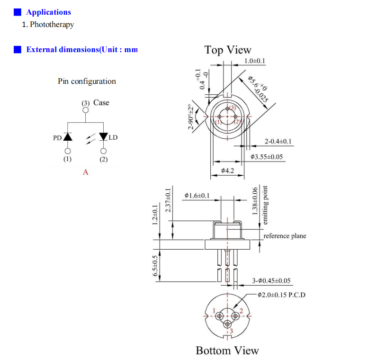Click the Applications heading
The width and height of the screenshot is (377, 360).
(x=48, y=12)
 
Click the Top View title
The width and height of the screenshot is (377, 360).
(x=228, y=50)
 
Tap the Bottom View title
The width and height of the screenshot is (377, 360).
(x=227, y=351)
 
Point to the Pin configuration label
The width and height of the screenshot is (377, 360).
(x=87, y=81)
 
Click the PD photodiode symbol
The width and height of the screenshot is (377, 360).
(x=68, y=137)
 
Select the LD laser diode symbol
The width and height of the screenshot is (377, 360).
(x=103, y=137)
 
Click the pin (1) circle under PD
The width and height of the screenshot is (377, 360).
(x=68, y=151)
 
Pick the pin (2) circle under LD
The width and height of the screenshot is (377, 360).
(x=103, y=151)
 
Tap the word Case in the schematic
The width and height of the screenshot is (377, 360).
(x=101, y=103)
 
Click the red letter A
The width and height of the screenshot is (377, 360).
(x=86, y=172)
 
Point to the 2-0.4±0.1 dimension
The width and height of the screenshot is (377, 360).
(x=278, y=142)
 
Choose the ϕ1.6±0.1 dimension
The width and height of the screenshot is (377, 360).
(x=197, y=195)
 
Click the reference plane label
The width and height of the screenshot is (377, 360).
(x=285, y=236)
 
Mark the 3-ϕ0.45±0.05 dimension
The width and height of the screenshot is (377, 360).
(x=272, y=281)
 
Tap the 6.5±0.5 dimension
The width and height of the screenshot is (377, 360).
(x=155, y=266)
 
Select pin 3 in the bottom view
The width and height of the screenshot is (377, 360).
(x=228, y=324)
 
